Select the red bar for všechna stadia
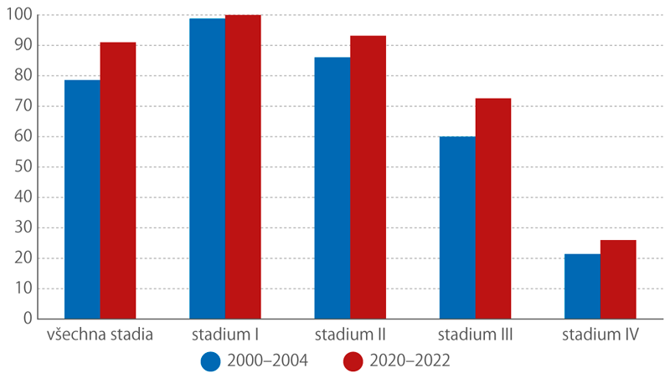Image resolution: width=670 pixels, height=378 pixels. pyautogui.click(x=118, y=181)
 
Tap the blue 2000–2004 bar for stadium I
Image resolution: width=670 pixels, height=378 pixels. pyautogui.click(x=208, y=168)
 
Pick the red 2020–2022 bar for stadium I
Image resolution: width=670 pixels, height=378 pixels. pyautogui.click(x=243, y=167)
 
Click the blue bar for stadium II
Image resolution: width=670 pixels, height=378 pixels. pyautogui.click(x=332, y=188)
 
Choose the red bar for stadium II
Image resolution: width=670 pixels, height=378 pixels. pyautogui.click(x=368, y=177)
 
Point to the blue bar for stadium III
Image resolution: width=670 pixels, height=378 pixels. pyautogui.click(x=457, y=227)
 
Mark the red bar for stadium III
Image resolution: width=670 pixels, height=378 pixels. pyautogui.click(x=493, y=208)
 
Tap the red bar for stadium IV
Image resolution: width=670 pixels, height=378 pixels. pyautogui.click(x=618, y=279)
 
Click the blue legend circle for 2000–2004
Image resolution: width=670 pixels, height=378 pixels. pyautogui.click(x=210, y=360)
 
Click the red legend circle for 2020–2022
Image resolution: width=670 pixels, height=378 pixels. pyautogui.click(x=353, y=360)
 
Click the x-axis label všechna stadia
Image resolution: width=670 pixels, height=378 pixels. pyautogui.click(x=100, y=336)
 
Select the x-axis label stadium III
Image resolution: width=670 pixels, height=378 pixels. pyautogui.click(x=475, y=336)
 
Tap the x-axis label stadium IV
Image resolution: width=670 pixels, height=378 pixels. pyautogui.click(x=600, y=336)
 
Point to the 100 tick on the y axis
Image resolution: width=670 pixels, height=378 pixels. pyautogui.click(x=22, y=15)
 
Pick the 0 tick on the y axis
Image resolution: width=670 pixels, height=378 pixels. pyautogui.click(x=29, y=319)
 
